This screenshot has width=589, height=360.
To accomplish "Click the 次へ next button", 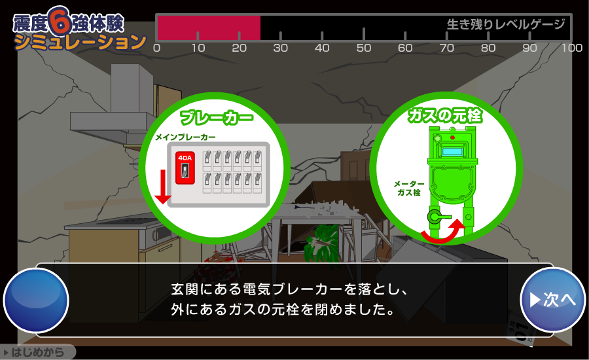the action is pyautogui.click(x=552, y=300).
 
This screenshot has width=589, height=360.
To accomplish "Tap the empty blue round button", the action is pyautogui.click(x=36, y=300).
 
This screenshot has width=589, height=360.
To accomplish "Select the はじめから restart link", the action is pyautogui.click(x=35, y=353).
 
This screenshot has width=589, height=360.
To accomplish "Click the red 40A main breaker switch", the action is pyautogui.click(x=185, y=168).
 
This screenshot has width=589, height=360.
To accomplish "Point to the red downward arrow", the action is pyautogui.click(x=163, y=187).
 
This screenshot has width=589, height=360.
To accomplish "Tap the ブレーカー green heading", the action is pyautogui.click(x=217, y=117).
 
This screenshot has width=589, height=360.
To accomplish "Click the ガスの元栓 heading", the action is pyautogui.click(x=445, y=115).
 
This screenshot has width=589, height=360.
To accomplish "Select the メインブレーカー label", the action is pyautogui.click(x=186, y=137).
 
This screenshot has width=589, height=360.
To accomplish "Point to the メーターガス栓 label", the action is pyautogui.click(x=409, y=189).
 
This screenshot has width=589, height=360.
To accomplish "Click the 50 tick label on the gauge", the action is pyautogui.click(x=364, y=48).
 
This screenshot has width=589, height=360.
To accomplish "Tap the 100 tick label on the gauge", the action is pyautogui.click(x=572, y=48).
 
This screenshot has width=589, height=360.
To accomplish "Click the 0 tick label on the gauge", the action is pyautogui.click(x=157, y=48).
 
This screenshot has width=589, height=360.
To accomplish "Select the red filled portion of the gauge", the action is pyautogui.click(x=209, y=27).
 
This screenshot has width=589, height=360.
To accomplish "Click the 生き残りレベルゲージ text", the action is pyautogui.click(x=506, y=24).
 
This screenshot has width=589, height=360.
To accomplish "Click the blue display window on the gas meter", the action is pyautogui.click(x=454, y=152).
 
